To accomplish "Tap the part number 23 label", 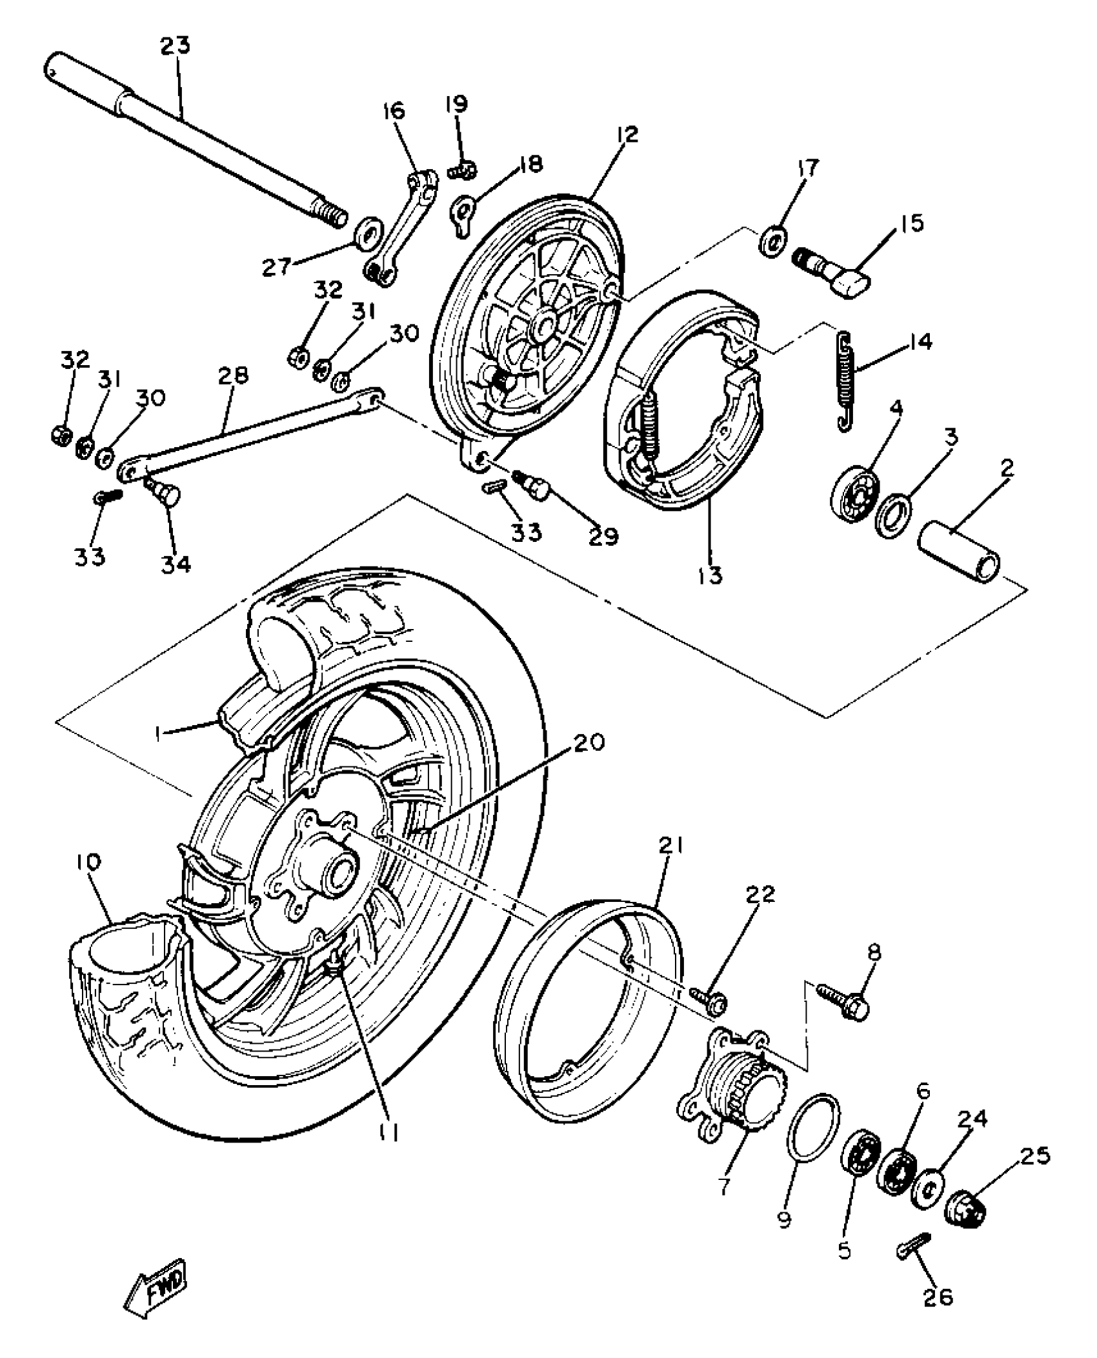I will tap(176, 46).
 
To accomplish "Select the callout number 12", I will tap(627, 135).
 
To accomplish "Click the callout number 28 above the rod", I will tap(234, 376).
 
